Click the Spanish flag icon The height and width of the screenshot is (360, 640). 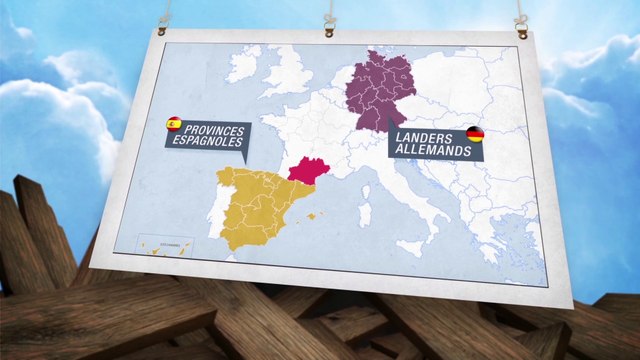(174, 124)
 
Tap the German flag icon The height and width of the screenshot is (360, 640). (475, 133)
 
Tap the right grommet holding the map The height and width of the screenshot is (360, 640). (521, 33)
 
